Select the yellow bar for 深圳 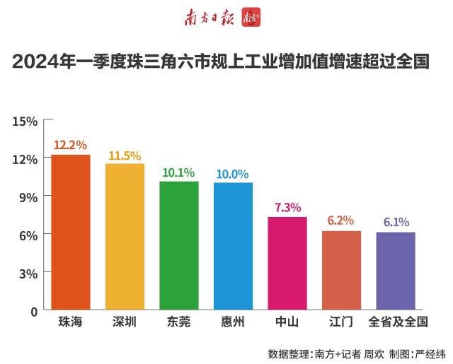(125, 237)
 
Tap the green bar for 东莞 (179, 245)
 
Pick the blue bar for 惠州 (233, 246)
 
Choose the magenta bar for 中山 (287, 263)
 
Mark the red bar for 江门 (341, 270)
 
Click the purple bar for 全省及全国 (396, 271)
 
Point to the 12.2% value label (71, 145)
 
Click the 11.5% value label (125, 155)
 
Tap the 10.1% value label (179, 172)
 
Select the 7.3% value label (287, 207)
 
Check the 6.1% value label (396, 222)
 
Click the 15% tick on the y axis (25, 121)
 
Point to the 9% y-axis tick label (28, 196)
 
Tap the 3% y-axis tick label (28, 272)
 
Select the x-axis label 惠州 (233, 322)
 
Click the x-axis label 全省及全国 (398, 322)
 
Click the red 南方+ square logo (251, 18)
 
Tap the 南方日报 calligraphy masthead (210, 18)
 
